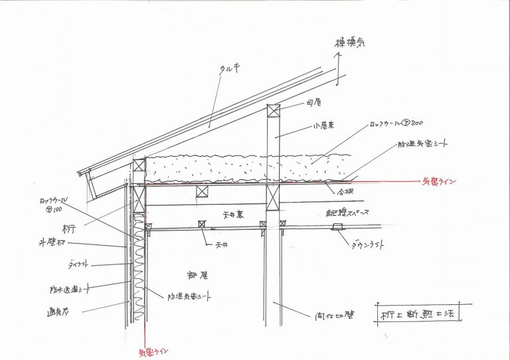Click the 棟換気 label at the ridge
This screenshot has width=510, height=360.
point(349,44)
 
